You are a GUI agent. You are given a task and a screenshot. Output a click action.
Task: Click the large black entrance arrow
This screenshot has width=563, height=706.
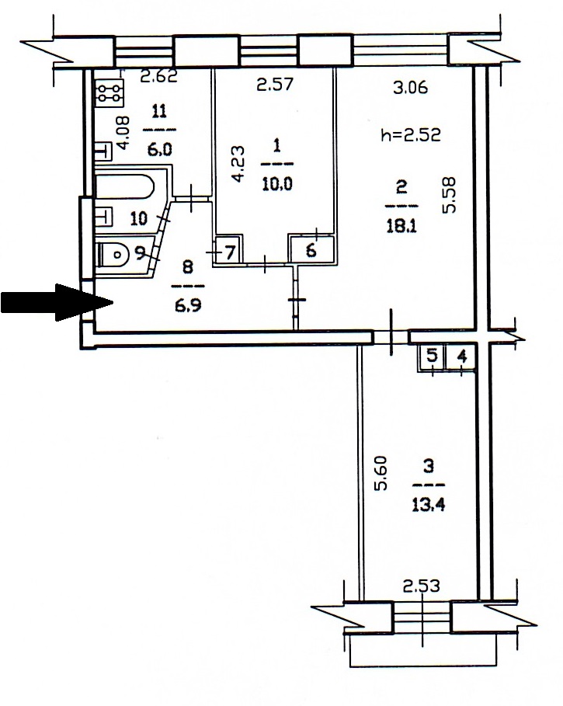56,302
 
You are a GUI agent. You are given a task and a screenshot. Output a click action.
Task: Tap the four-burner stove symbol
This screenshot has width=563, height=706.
109,93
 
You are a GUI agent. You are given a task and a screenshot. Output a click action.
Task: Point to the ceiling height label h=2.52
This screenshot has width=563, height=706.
411,134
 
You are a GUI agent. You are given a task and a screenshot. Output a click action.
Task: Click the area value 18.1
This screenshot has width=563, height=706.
401,226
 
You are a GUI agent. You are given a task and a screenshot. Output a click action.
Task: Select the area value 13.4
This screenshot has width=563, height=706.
429,505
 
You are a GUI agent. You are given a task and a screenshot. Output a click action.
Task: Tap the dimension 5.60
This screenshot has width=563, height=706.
381,473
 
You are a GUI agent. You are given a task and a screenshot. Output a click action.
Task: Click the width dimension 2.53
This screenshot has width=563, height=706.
421,586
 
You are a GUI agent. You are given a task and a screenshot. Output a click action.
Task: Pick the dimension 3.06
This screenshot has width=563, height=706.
411,87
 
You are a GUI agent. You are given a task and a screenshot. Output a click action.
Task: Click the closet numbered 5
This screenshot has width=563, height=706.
431,356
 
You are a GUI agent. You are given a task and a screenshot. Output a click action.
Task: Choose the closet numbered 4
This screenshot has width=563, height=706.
460,357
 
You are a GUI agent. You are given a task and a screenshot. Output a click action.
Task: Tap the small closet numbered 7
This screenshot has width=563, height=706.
228,252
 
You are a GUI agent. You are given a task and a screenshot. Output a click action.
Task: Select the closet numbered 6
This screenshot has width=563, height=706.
311,249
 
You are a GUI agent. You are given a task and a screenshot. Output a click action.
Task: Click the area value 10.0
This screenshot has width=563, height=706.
277,184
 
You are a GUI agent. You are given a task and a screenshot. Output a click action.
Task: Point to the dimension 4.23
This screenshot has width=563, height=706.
238,163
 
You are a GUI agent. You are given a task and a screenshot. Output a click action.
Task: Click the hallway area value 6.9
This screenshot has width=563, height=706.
188,305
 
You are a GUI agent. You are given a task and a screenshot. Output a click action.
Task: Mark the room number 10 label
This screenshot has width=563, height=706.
139,219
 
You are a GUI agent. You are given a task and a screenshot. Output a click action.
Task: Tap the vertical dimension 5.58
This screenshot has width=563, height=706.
450,194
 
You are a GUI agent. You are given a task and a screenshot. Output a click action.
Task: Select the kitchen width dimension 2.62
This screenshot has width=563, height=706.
159,76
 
